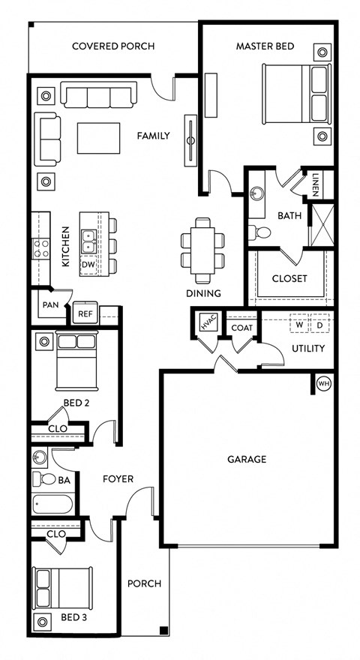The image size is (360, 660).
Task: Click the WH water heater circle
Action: (324, 383)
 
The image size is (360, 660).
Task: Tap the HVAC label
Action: (207, 324)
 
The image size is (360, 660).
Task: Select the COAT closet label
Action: (241, 328)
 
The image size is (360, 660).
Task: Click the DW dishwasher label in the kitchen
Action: (88, 265)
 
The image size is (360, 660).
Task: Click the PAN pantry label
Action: (50, 305)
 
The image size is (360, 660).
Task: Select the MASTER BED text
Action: (265, 46)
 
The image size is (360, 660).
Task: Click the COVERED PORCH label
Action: (113, 46)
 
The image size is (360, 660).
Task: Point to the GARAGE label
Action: (247, 459)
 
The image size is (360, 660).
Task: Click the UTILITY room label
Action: (307, 348)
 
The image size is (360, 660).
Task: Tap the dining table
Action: (202, 246)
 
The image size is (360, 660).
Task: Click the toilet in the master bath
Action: (256, 230)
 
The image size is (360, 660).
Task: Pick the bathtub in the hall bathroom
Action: (52, 505)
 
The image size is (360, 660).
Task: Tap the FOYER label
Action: (118, 478)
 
